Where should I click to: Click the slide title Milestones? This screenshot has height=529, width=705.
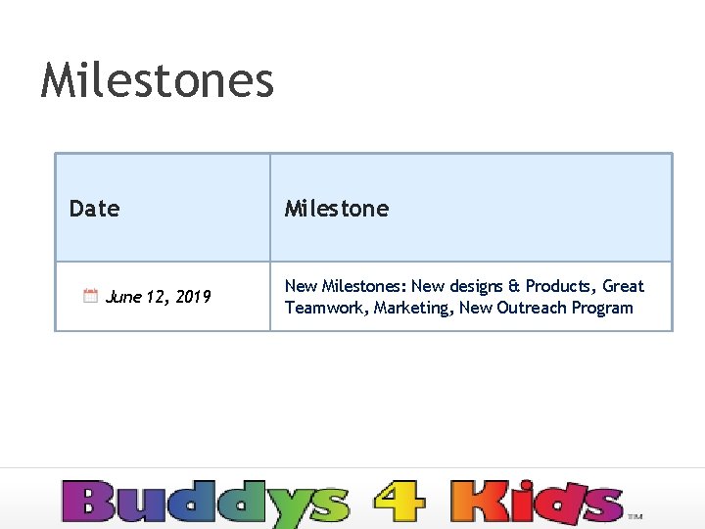pos(158,79)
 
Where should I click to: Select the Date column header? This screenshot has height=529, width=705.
pos(94,208)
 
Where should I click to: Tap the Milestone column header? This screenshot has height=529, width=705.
pos(336,208)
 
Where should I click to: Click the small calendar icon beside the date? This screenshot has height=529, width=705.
pos(90,295)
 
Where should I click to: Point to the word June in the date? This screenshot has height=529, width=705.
pos(122,296)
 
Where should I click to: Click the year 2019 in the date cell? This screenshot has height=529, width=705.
pos(193,296)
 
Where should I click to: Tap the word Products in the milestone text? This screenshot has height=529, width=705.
pos(558,286)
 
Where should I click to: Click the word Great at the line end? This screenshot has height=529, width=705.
pos(623,286)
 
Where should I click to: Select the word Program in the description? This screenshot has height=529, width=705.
pos(603,308)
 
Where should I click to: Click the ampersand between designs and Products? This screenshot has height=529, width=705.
pos(513,286)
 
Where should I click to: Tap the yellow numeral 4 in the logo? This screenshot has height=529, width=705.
pos(399,503)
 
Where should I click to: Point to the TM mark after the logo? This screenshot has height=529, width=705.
pos(634,515)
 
